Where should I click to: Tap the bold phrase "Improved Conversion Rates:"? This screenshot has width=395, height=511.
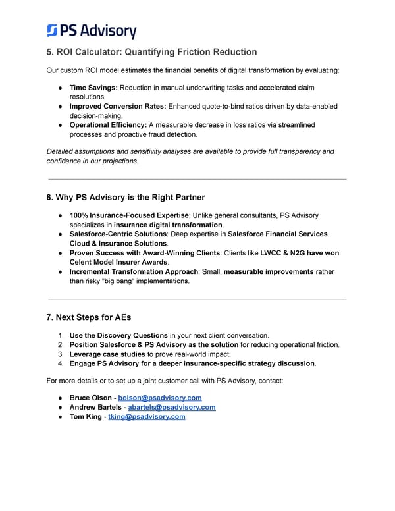tap(118, 106)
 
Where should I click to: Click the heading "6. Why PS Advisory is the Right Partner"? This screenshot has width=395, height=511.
tap(125, 197)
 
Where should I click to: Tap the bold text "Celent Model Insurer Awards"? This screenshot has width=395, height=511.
tap(118, 262)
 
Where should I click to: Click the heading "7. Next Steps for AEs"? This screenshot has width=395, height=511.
tap(88, 317)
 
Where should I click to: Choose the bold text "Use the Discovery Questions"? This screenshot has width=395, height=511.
tap(118, 335)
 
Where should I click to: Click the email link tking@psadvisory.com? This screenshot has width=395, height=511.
tap(146, 416)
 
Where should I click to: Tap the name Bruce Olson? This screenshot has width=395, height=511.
tap(90, 398)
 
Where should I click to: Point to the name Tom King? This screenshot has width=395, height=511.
tap(85, 416)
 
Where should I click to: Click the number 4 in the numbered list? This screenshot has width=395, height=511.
tap(60, 363)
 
